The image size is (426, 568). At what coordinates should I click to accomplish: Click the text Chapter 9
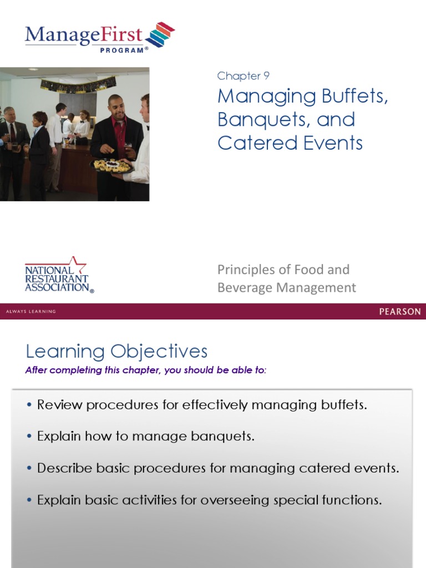pos(243,76)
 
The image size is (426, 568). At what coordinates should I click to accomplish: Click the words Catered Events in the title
pos(290,143)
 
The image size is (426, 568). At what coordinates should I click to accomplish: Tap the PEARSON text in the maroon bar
pos(399,311)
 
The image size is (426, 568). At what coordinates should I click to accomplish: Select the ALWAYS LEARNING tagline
pos(31,312)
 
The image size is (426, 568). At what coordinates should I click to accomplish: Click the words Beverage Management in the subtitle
pos(286,287)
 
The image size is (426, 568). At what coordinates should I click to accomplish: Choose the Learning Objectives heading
pos(116,351)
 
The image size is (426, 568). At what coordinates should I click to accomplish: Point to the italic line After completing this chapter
pos(146,371)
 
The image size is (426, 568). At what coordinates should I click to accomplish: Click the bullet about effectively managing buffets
pos(202,405)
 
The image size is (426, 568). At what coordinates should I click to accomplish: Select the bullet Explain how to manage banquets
pos(146,437)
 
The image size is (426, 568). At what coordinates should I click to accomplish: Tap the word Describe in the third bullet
pos(60,468)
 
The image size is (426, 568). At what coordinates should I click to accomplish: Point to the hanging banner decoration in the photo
pos(78,84)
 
